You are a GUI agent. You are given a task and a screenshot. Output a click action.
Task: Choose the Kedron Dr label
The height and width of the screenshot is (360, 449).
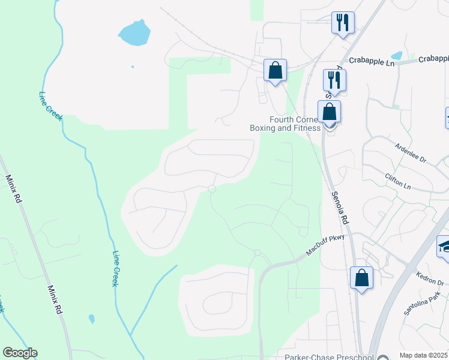pyautogui.click(x=429, y=278)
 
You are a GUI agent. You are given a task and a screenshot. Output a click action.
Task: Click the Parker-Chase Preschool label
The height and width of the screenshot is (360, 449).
pyautogui.click(x=333, y=357)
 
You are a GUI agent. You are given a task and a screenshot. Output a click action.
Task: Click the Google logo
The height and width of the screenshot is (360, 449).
pyautogui.click(x=20, y=353)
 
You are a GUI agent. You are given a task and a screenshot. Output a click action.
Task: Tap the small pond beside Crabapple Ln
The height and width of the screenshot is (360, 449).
pyautogui.click(x=397, y=55)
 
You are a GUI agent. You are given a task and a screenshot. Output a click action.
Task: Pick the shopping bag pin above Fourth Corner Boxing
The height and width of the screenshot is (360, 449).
pyautogui.click(x=330, y=112)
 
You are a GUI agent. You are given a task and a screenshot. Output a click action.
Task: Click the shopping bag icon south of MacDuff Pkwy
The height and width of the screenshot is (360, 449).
pyautogui.click(x=361, y=278)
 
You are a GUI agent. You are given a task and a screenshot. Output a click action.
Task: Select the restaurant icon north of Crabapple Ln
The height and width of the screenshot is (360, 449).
pyautogui.click(x=343, y=23)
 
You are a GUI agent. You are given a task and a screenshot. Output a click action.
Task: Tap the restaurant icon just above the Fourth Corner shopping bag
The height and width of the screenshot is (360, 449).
pyautogui.click(x=334, y=80)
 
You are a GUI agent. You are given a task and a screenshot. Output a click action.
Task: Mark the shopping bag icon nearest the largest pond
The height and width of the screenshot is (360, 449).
pyautogui.click(x=275, y=70)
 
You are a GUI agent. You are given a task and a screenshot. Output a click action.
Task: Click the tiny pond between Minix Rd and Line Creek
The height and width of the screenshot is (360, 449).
pyautogui.click(x=91, y=319)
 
